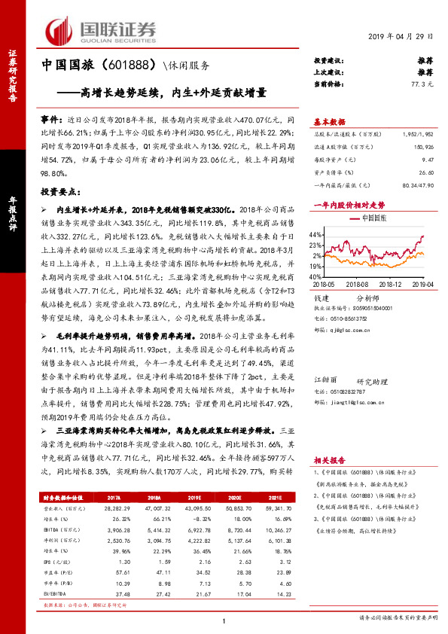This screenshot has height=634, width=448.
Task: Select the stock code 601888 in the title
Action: (x=108, y=66)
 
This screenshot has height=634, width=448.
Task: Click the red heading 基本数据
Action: (x=331, y=121)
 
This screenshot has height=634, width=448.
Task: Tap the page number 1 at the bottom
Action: (x=224, y=621)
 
